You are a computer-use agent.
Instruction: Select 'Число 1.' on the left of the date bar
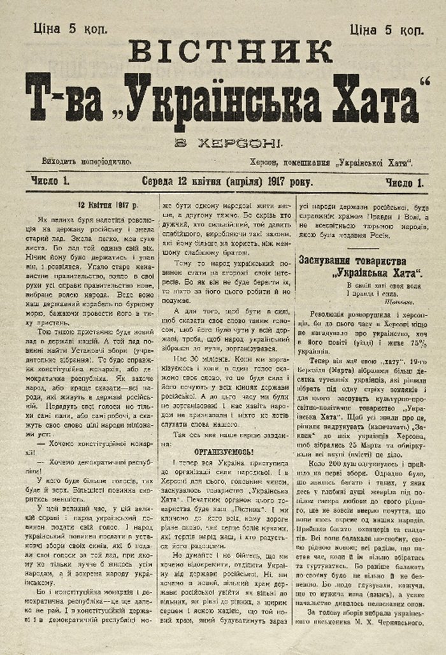pyautogui.click(x=50, y=182)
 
